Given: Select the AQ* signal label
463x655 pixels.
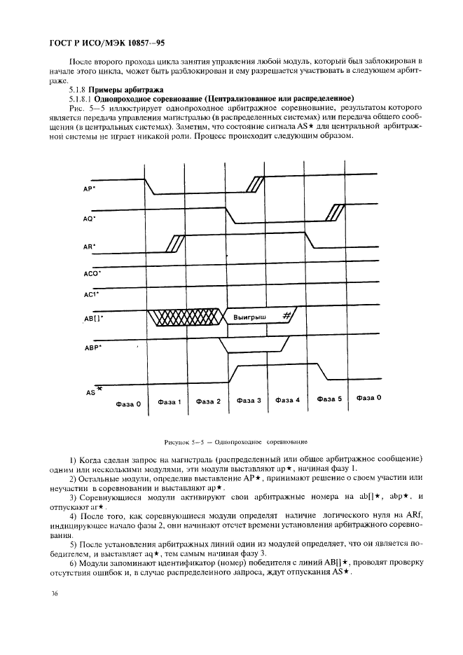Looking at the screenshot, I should pyautogui.click(x=89, y=219).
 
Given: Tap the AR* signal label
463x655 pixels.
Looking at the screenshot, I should pyautogui.click(x=89, y=247).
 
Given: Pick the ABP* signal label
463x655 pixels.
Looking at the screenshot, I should pyautogui.click(x=92, y=346).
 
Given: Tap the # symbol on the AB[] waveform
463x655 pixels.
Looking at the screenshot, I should pyautogui.click(x=286, y=317).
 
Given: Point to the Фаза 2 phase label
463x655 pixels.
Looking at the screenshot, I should pyautogui.click(x=208, y=401).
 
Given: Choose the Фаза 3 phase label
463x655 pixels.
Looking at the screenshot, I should pyautogui.click(x=249, y=401).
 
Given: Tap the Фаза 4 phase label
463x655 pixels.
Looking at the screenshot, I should pyautogui.click(x=287, y=401).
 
